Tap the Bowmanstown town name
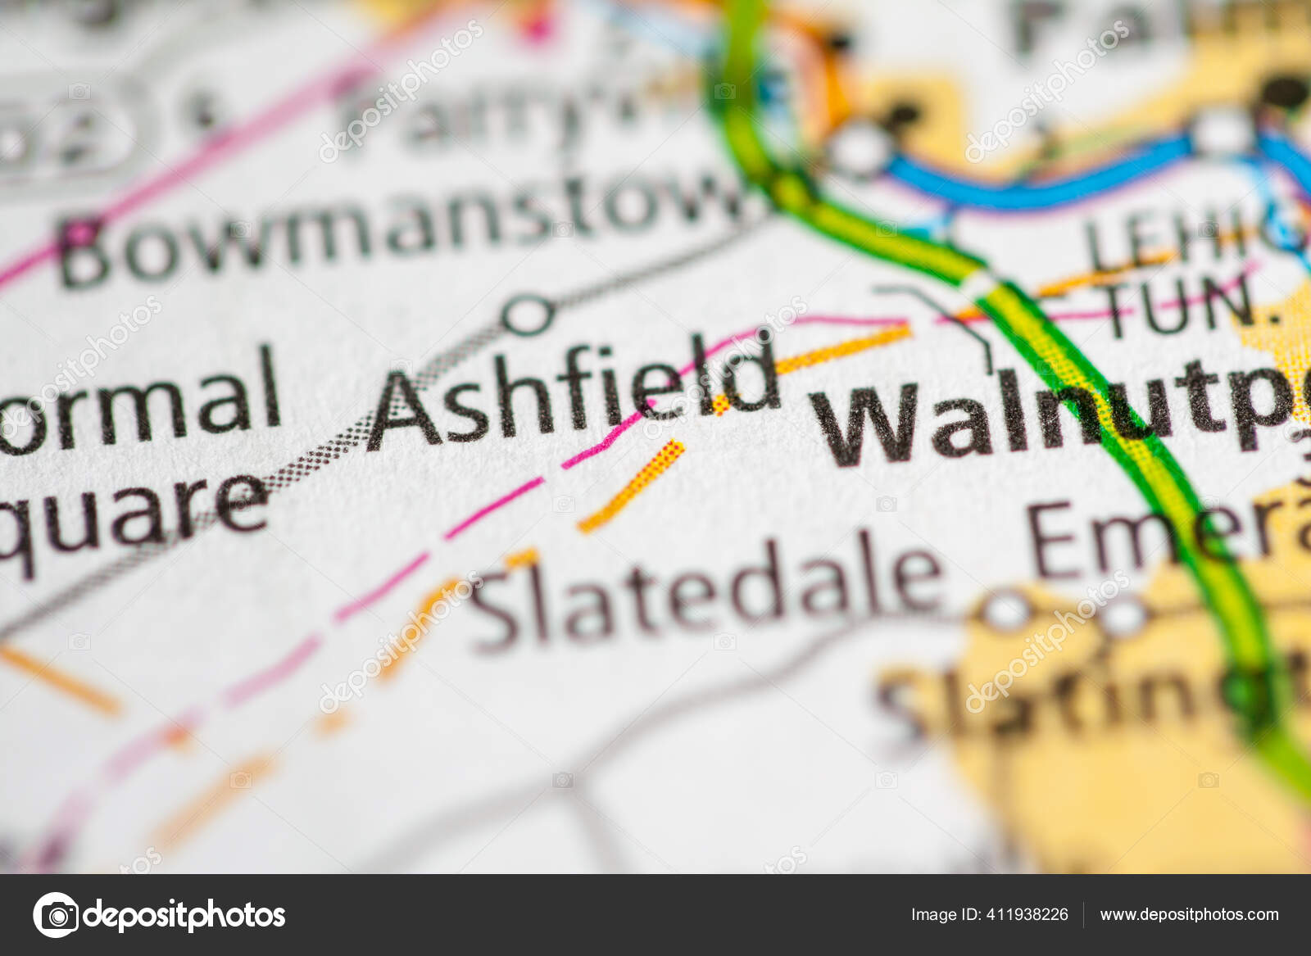(x=401, y=225)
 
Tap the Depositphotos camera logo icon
(x=56, y=914)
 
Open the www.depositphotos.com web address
(x=1189, y=914)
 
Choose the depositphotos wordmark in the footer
(x=184, y=914)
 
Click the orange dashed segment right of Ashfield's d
(x=844, y=349)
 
